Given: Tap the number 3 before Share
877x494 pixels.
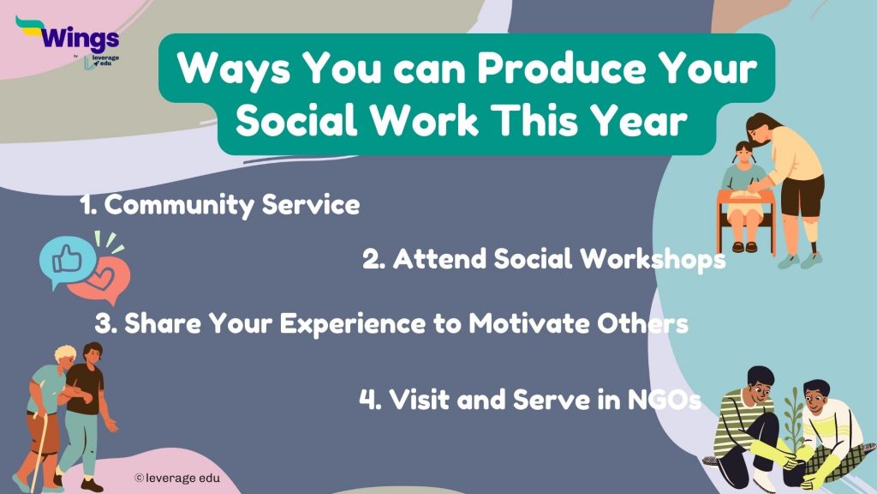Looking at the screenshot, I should pos(104,324).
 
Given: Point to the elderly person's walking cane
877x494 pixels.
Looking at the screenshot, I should pos(41,445).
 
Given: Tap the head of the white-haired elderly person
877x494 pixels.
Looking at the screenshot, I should pos(66,354).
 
